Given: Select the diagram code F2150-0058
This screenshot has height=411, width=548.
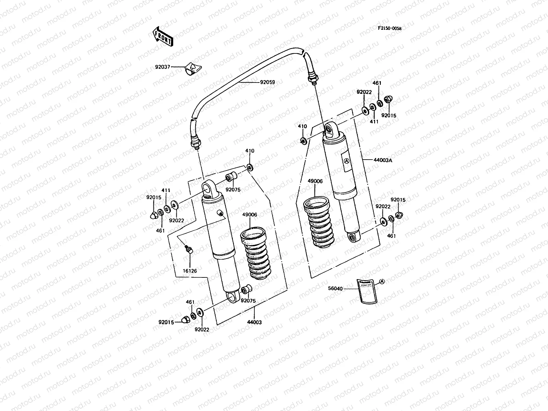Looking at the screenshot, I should point(389,28).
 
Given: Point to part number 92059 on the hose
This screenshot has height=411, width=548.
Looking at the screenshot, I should point(267,82).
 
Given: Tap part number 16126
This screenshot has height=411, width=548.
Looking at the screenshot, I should point(189,271).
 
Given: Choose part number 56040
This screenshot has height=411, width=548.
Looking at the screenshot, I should point(335,289).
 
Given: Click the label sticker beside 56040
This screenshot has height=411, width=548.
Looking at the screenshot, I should point(366,290).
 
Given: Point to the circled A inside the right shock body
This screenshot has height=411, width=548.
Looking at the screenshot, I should point(346,161).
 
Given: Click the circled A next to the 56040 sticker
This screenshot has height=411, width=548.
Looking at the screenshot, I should point(382,281).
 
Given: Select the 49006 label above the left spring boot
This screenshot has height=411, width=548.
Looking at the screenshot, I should point(249,215).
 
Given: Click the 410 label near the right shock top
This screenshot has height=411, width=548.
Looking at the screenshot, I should point(302,126).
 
